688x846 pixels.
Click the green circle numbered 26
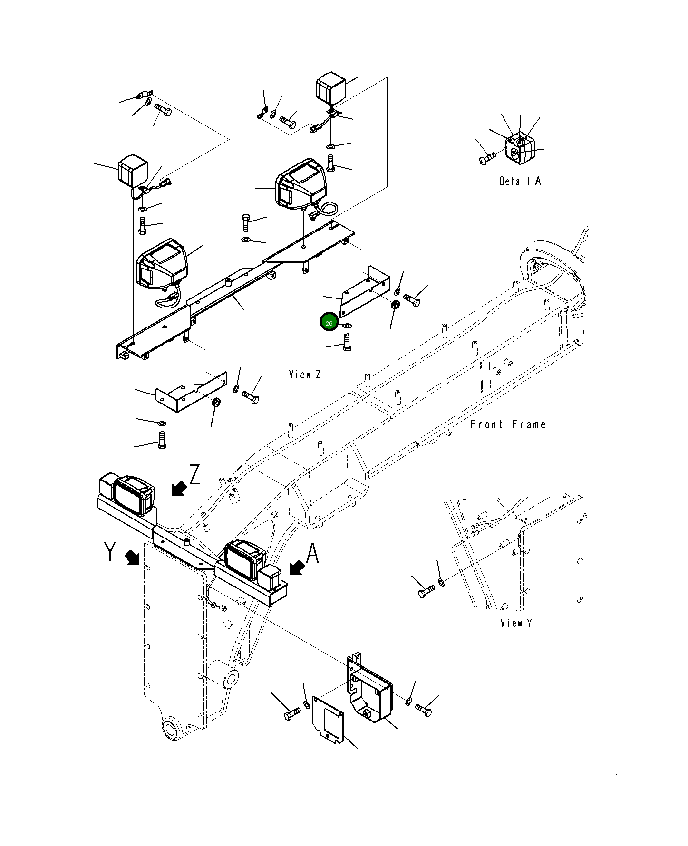click(x=329, y=323)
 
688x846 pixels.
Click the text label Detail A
click(x=520, y=181)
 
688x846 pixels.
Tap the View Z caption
click(x=305, y=375)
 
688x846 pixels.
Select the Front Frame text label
click(x=507, y=424)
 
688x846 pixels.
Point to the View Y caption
click(x=516, y=623)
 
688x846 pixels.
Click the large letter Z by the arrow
click(x=194, y=475)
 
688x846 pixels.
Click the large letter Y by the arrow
click(x=110, y=552)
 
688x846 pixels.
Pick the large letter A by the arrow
click(x=312, y=554)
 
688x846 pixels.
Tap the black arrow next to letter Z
click(x=179, y=488)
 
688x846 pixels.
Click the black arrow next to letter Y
click(x=133, y=558)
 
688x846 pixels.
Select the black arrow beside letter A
click(x=297, y=567)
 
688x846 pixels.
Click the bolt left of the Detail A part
click(x=487, y=158)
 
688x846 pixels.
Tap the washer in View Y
click(x=441, y=582)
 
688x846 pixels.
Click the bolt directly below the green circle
click(x=347, y=342)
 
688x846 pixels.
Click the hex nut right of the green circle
click(x=395, y=305)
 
